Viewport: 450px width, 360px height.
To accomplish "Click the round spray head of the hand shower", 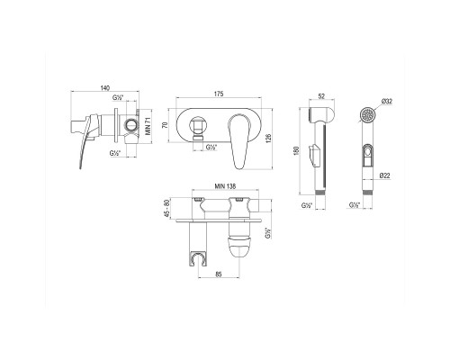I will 365,118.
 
